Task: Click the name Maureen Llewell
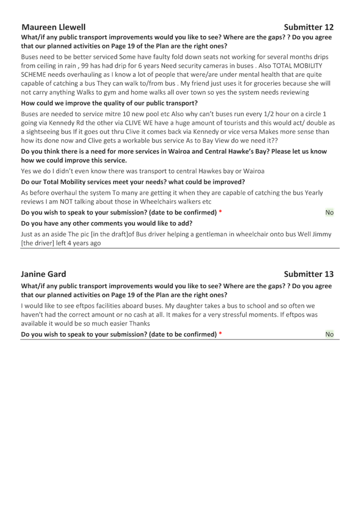pyautogui.click(x=53, y=27)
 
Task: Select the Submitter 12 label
pyautogui.click(x=309, y=27)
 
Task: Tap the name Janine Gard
pyautogui.click(x=43, y=274)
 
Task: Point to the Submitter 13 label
pyautogui.click(x=309, y=274)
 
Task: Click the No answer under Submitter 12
pyautogui.click(x=330, y=212)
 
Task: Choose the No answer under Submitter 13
pyautogui.click(x=330, y=334)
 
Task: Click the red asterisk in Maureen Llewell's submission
pyautogui.click(x=220, y=212)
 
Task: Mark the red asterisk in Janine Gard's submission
pyautogui.click(x=220, y=334)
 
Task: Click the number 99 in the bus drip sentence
pyautogui.click(x=85, y=66)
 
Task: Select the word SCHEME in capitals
pyautogui.click(x=33, y=74)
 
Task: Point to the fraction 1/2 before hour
pyautogui.click(x=268, y=114)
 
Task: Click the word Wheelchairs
pyautogui.click(x=159, y=202)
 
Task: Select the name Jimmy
pyautogui.click(x=322, y=234)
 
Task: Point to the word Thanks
pyautogui.click(x=139, y=323)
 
